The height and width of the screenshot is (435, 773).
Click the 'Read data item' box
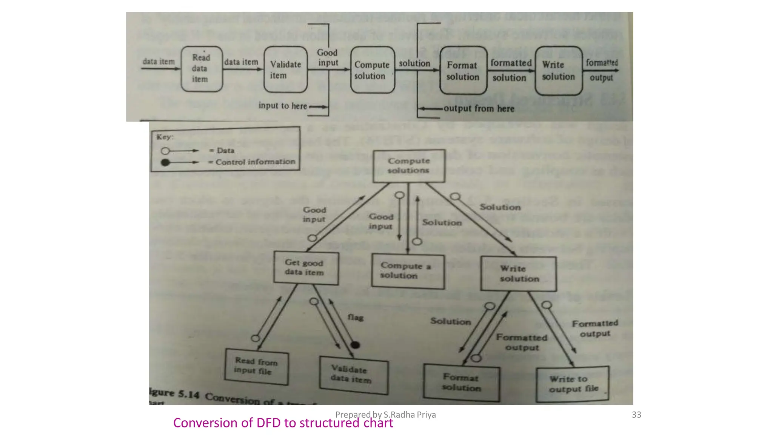[x=202, y=69]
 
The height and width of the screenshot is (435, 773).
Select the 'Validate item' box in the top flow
[x=285, y=70]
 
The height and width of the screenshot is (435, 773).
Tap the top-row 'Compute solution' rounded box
[x=372, y=70]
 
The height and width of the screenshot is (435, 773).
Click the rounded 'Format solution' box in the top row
[x=463, y=71]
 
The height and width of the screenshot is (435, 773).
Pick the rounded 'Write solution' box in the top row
[x=558, y=71]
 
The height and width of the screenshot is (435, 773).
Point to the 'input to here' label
[x=282, y=106]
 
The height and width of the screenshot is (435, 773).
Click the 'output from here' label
[x=479, y=109]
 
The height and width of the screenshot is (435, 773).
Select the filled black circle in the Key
[x=165, y=162]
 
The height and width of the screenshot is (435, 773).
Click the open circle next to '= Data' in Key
[x=165, y=151]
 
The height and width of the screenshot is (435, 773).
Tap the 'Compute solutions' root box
[x=409, y=166]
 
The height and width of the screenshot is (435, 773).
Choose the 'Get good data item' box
[x=306, y=268]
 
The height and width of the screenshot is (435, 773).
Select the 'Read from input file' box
[x=256, y=366]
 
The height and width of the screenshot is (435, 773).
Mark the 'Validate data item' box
[x=353, y=375]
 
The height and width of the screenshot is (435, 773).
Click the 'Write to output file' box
[x=573, y=384]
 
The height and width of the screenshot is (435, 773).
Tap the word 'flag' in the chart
[x=355, y=317]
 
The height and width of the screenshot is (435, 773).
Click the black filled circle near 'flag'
[x=355, y=345]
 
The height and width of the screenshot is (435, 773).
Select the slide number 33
[x=636, y=415]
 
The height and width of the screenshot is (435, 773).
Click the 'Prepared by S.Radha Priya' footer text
[x=385, y=415]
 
